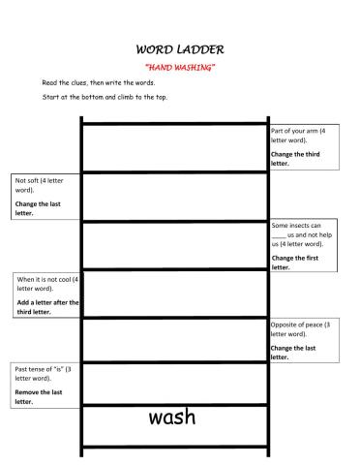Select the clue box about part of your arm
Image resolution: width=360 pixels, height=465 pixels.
click(x=303, y=147)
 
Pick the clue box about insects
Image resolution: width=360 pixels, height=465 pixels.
click(x=303, y=246)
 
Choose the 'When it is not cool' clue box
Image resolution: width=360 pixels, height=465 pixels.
click(x=45, y=295)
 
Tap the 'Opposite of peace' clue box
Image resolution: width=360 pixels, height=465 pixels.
click(x=303, y=341)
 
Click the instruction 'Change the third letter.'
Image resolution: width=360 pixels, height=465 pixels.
click(x=294, y=159)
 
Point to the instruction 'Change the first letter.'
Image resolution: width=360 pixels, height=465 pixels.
click(x=294, y=263)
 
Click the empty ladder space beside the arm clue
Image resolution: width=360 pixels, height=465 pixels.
click(x=174, y=147)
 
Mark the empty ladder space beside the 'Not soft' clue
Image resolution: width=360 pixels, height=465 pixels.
click(x=174, y=197)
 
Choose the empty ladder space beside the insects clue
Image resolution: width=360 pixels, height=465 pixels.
click(x=174, y=246)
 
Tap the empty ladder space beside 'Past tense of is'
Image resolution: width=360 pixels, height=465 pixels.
click(x=174, y=385)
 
